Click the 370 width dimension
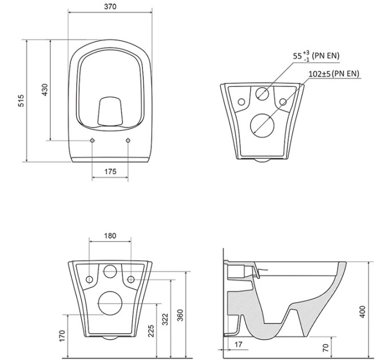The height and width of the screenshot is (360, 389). (110, 7)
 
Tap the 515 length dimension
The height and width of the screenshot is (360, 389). (21, 101)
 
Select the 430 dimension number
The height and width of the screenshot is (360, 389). (45, 90)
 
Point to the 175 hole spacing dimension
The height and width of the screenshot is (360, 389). (110, 171)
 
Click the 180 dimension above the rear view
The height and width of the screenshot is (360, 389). (110, 235)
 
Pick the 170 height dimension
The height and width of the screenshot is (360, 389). (62, 336)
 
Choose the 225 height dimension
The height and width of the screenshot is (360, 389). (151, 331)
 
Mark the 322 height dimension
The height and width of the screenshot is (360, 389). (165, 319)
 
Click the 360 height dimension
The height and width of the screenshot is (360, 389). (180, 315)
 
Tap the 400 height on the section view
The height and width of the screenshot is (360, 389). (363, 312)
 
